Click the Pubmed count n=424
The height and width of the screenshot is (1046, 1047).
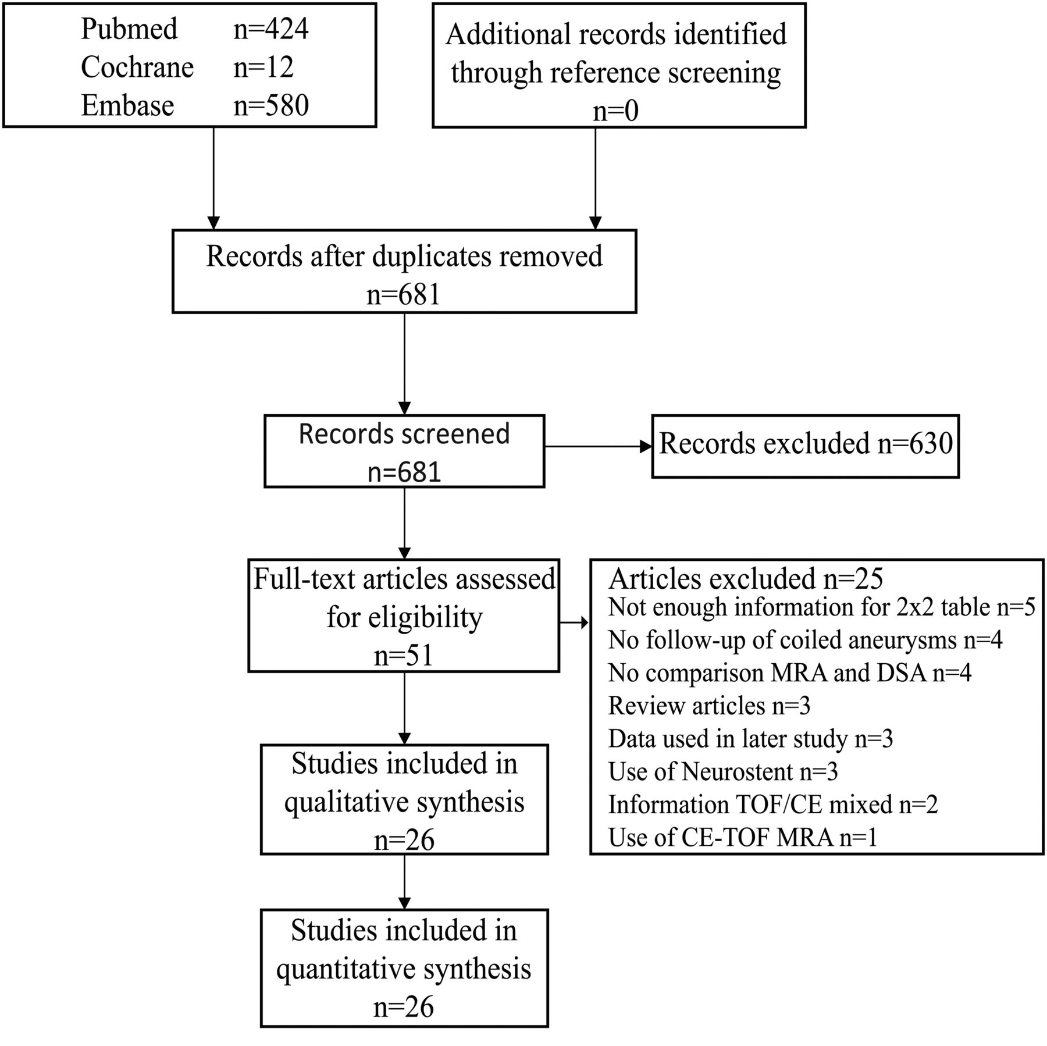point(271,29)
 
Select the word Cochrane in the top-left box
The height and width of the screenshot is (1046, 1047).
point(137,67)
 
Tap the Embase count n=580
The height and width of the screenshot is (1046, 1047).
point(271,106)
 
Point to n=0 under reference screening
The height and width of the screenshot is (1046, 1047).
point(615,111)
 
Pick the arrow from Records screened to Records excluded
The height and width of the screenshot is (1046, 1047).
point(598,447)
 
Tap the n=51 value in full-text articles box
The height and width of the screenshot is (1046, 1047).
point(404,656)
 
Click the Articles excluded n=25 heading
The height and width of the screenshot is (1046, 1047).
point(746,578)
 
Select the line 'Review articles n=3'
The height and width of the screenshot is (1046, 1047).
point(709,706)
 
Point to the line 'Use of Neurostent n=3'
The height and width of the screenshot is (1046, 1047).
point(723,772)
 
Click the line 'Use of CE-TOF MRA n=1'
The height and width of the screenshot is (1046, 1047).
point(743,838)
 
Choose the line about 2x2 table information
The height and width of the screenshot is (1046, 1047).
point(822,607)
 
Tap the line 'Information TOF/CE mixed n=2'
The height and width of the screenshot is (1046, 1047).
point(773,805)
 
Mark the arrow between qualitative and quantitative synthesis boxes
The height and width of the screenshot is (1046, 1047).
point(404,882)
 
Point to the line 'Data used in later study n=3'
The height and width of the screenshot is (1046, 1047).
point(750,739)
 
